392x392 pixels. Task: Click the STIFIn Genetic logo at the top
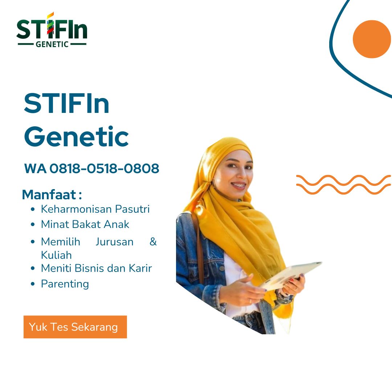pos(52,30)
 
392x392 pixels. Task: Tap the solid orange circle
pos(372,39)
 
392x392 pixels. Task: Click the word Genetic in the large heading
pos(76,137)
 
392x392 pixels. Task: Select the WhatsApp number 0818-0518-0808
pos(105,168)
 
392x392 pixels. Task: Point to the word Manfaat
pos(49,195)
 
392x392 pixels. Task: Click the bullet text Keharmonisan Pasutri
pos(95,209)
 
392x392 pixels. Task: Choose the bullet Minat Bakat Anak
pos(85,224)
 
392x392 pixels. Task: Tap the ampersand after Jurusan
pos(153,242)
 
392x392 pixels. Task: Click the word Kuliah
pos(56,255)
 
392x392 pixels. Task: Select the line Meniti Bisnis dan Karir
pos(96,268)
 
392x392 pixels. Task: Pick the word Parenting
pos(65,283)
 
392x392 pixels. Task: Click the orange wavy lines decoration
pos(343,184)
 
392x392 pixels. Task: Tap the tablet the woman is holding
pos(290,275)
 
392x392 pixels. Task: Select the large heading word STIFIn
pos(67,104)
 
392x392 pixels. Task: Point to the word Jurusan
pos(114,242)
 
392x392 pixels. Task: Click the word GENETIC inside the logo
pos(52,44)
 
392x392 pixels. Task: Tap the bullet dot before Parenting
pos(33,284)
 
